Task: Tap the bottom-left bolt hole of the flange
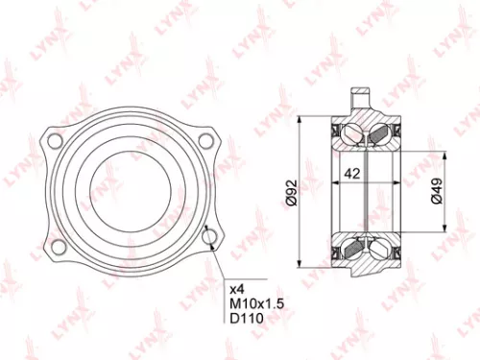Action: click(59, 248)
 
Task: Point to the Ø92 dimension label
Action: click(289, 191)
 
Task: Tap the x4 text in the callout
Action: click(236, 287)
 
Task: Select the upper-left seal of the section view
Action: click(336, 131)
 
